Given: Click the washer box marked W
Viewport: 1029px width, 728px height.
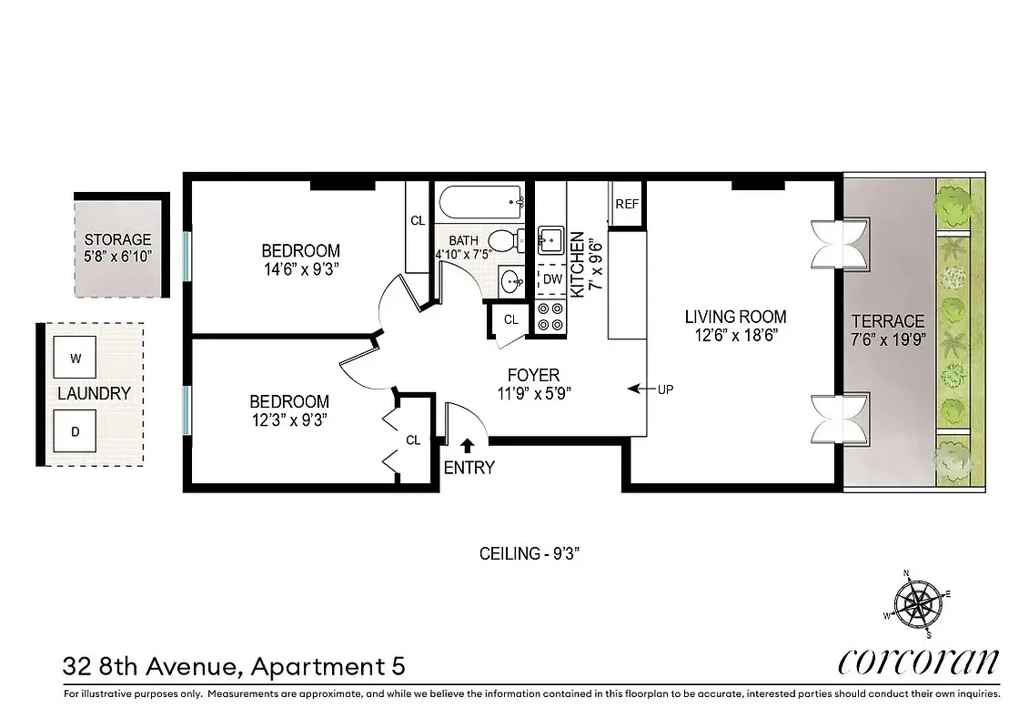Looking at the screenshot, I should pos(76,358).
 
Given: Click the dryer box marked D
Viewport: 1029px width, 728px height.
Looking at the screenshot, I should pos(76,430).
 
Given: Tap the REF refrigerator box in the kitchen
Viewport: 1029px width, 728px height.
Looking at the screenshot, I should pos(627,204).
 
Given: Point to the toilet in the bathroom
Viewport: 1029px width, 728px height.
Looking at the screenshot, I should pos(504,241).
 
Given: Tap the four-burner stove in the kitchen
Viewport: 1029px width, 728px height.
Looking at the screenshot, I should pos(550,316).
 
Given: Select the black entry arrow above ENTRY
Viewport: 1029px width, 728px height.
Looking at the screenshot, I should pos(467,445).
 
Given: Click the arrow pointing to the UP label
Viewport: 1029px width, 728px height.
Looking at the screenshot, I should pos(641,389).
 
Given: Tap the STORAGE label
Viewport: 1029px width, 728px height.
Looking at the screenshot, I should pos(117,240).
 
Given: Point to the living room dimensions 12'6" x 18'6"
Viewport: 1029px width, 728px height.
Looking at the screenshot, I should pos(735,335).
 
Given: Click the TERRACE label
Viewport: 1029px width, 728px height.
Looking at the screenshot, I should pos(887,321).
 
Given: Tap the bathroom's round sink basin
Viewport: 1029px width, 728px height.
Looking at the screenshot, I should pos(512,280).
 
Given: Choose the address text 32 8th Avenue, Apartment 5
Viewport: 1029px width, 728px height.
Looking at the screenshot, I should pos(234,667).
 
